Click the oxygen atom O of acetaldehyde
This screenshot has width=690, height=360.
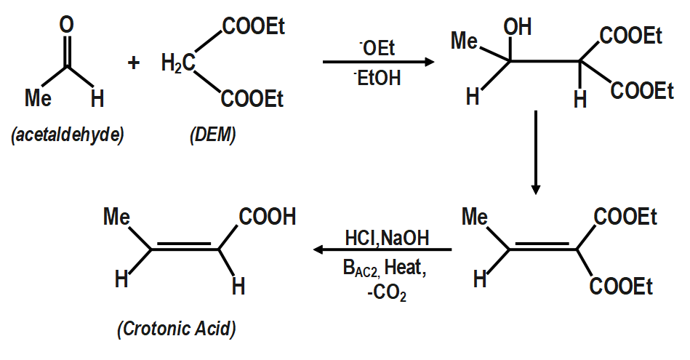coord(66,25)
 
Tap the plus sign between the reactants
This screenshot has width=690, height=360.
coord(133,63)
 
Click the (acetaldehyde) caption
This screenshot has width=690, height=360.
coord(67,135)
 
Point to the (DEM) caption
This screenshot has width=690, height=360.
coord(212,135)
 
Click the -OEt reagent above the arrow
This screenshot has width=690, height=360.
coord(377,48)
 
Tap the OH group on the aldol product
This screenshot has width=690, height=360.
coord(518,28)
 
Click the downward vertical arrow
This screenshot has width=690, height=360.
coord(535,153)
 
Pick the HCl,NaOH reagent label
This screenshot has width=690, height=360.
coord(387,238)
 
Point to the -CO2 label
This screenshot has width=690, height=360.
coord(385,295)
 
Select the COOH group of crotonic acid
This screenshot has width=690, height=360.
coord(268,217)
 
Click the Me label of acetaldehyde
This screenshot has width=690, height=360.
coord(38,98)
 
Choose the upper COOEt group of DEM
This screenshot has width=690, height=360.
coord(253,28)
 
